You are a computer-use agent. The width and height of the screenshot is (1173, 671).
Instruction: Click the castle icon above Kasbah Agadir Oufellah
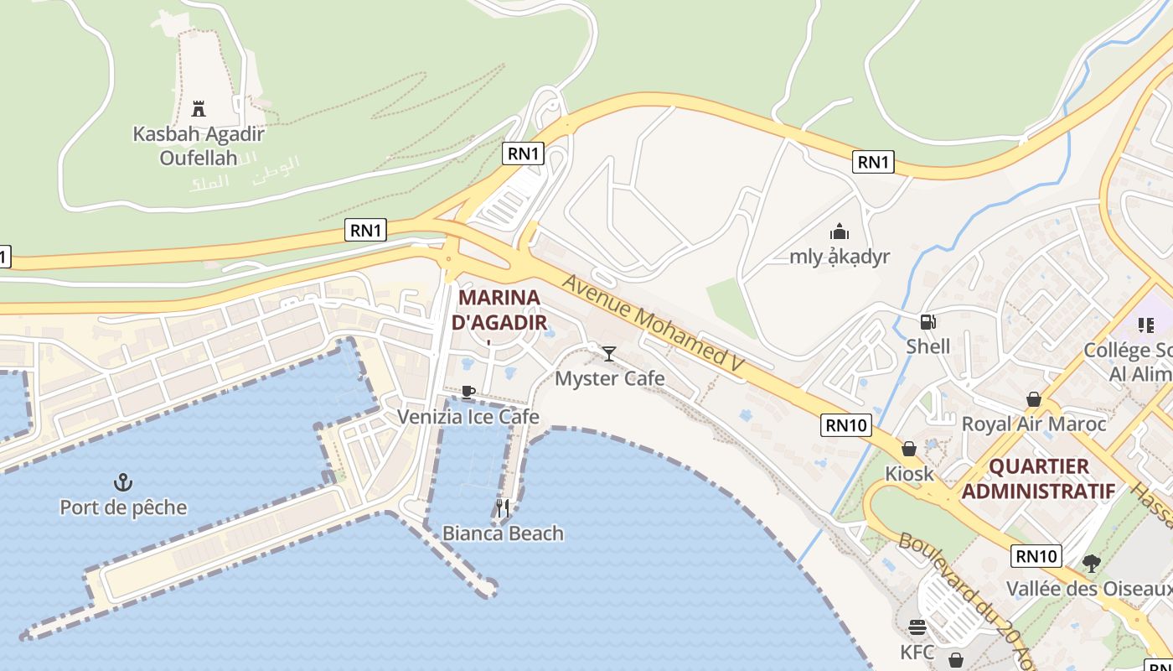click(199, 108)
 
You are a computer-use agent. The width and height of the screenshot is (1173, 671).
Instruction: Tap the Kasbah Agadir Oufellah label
click(199, 145)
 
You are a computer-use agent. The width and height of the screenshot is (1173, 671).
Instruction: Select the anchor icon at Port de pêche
click(123, 482)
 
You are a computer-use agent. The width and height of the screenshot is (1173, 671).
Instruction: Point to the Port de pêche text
click(123, 507)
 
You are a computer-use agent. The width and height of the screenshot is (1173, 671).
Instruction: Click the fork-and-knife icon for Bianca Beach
click(503, 507)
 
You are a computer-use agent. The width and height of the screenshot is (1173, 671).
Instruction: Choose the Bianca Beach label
click(503, 533)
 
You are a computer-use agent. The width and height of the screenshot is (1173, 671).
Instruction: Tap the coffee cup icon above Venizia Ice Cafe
click(468, 392)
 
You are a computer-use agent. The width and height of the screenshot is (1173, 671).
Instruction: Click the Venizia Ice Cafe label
click(468, 417)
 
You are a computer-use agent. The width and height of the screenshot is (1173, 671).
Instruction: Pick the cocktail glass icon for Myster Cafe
click(609, 353)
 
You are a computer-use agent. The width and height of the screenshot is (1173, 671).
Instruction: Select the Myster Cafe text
click(610, 378)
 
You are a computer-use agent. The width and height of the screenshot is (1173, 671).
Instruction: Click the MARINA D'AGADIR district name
click(499, 309)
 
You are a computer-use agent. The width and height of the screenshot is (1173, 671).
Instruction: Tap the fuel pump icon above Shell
click(928, 321)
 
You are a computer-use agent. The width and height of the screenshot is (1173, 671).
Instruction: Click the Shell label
click(928, 346)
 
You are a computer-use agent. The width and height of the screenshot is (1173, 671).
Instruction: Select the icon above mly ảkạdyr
click(840, 231)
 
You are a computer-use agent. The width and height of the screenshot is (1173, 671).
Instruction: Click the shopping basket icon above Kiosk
click(909, 449)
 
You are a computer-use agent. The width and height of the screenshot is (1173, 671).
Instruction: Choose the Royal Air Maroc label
click(1033, 424)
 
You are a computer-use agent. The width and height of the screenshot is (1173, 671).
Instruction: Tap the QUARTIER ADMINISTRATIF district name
click(1038, 478)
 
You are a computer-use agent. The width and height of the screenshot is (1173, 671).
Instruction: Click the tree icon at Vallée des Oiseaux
click(1090, 563)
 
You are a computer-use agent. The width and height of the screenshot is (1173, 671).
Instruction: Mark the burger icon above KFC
click(917, 627)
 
